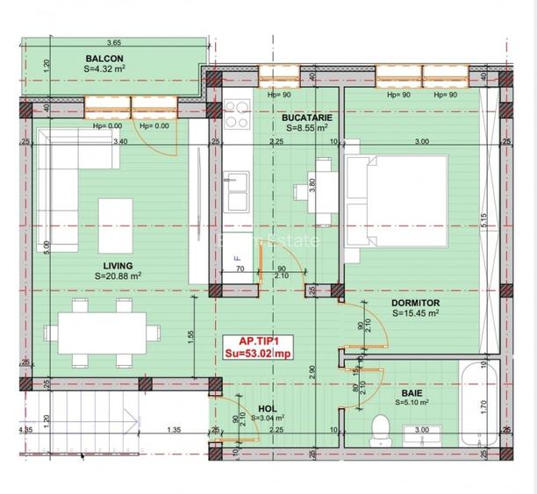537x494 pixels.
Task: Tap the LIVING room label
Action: (117, 265)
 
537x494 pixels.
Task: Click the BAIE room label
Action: (411, 394)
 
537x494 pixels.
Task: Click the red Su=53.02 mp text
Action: (258, 354)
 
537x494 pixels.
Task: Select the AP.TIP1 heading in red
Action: (258, 342)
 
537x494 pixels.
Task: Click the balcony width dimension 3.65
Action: (113, 42)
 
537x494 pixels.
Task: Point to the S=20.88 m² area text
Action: (118, 276)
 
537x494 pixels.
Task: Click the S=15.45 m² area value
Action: (416, 313)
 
